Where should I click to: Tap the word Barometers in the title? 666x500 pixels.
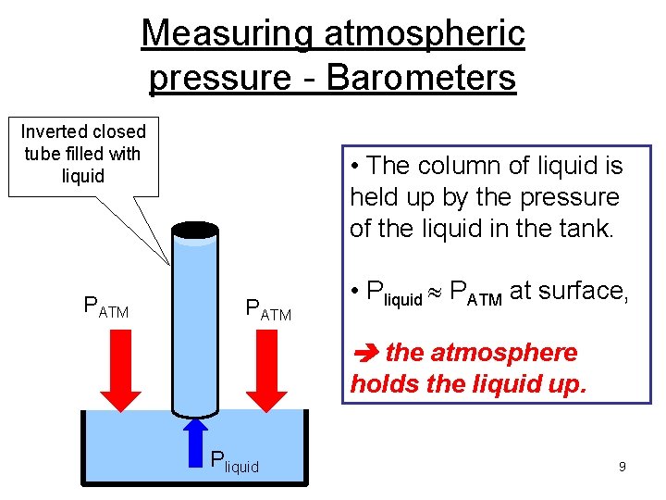click(421, 78)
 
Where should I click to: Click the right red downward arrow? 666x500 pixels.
click(269, 374)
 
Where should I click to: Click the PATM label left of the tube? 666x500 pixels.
click(106, 307)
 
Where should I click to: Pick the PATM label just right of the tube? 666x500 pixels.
click(267, 309)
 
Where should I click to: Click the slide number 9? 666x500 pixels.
click(623, 467)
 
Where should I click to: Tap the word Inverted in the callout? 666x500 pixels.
click(52, 131)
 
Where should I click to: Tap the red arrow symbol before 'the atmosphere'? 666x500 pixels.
click(364, 354)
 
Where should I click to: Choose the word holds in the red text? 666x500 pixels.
click(380, 383)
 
